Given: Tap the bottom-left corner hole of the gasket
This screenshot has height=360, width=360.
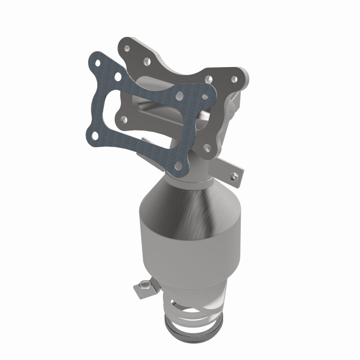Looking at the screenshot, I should (x=93, y=135).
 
